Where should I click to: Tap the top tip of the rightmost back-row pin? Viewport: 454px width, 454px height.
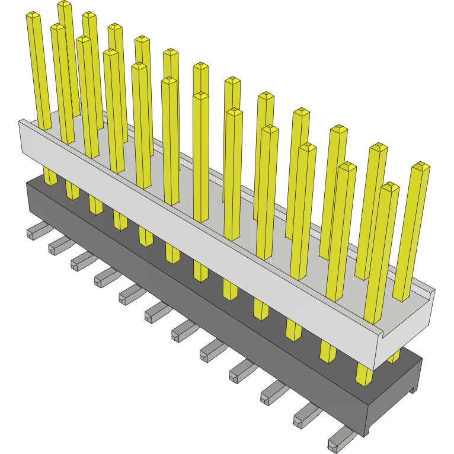coord(420,165)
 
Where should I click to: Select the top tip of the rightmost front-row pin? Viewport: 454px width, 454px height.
coord(389,187)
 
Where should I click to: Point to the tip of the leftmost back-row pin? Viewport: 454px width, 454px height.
coord(65,5)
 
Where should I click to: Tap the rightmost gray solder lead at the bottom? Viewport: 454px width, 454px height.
coord(341,440)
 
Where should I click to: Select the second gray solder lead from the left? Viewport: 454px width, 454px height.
coord(59,244)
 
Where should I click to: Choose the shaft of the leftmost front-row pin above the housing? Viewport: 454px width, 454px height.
coord(40,71)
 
